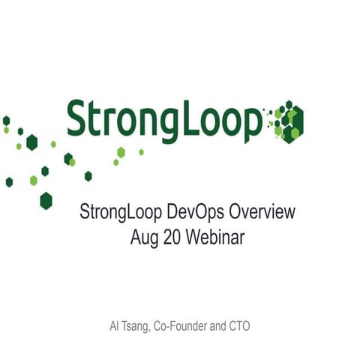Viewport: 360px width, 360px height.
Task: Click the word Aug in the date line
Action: click(143, 238)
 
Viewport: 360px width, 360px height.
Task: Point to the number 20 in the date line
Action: click(172, 238)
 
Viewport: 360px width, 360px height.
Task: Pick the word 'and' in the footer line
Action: click(227, 328)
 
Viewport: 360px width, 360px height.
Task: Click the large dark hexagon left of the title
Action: click(46, 200)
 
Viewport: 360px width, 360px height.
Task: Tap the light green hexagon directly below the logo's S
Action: click(72, 161)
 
